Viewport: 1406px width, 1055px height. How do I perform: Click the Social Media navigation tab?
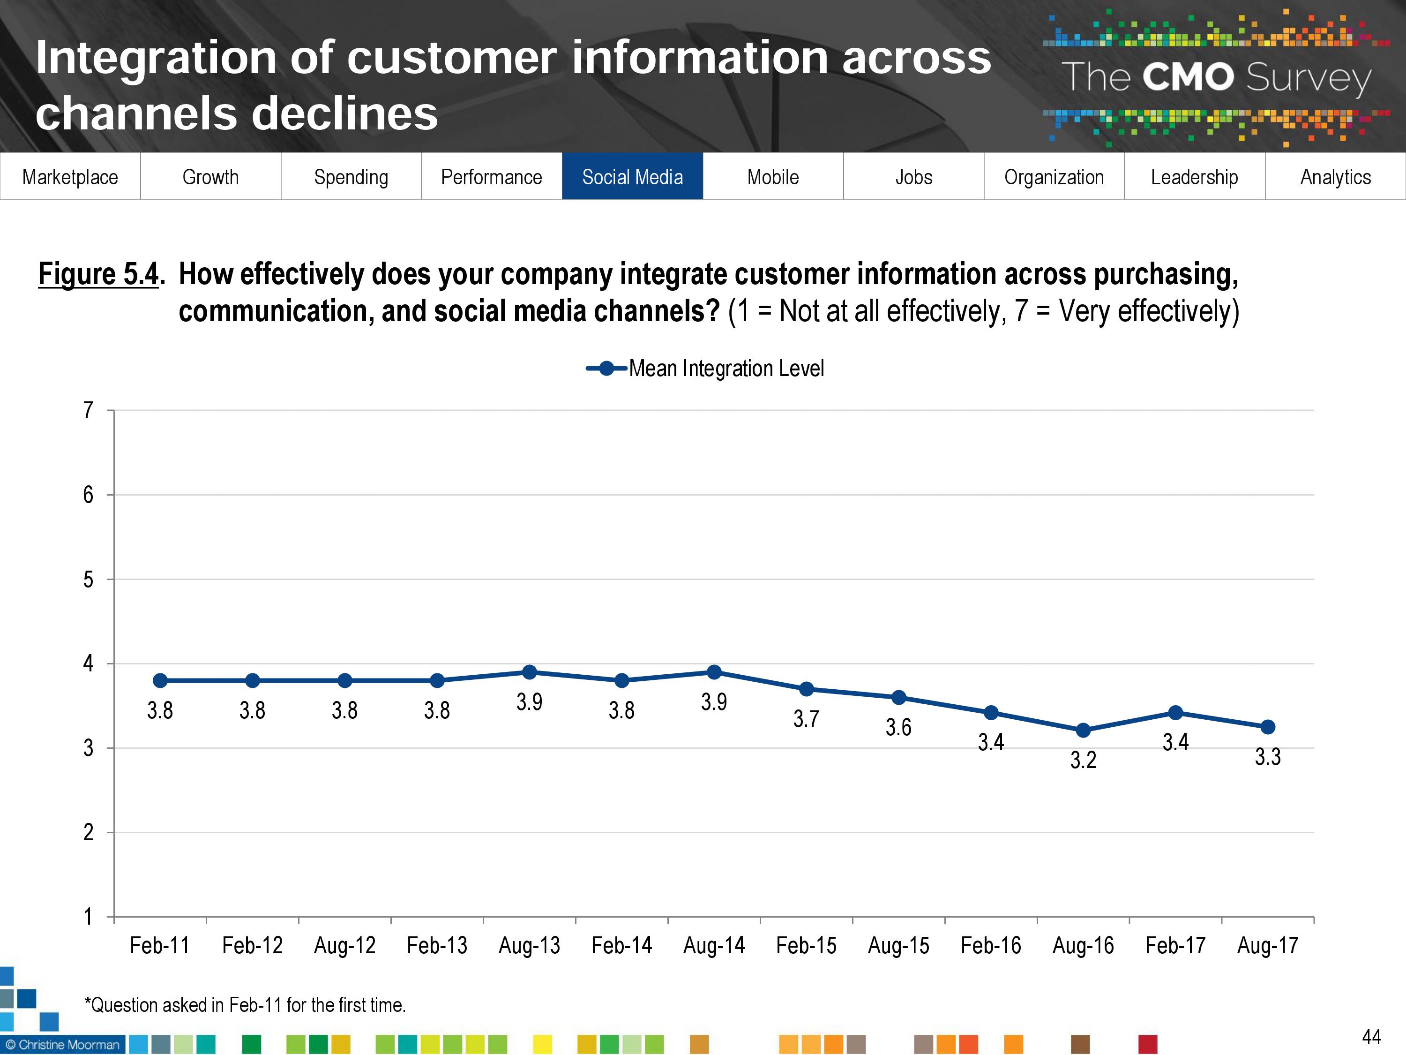632,177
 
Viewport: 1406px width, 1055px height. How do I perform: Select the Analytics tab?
1335,177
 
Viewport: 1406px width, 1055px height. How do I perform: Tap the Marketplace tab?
70,177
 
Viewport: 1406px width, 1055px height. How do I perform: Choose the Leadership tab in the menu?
1194,177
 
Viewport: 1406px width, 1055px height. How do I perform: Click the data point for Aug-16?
1083,731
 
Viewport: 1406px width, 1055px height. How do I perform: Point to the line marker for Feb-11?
160,680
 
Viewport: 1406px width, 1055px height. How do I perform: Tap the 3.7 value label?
806,719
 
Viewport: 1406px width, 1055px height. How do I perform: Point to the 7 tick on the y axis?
89,410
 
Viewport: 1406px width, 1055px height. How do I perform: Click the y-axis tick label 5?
89,580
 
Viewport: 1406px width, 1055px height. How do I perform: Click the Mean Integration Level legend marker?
606,368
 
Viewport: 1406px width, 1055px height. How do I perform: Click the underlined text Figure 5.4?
98,274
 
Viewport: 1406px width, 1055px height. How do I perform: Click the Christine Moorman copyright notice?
62,1045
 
